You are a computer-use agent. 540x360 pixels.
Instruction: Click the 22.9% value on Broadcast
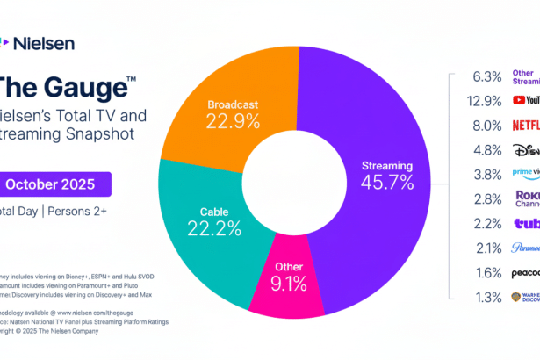(234, 121)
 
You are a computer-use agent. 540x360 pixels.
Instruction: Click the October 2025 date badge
(57, 184)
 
